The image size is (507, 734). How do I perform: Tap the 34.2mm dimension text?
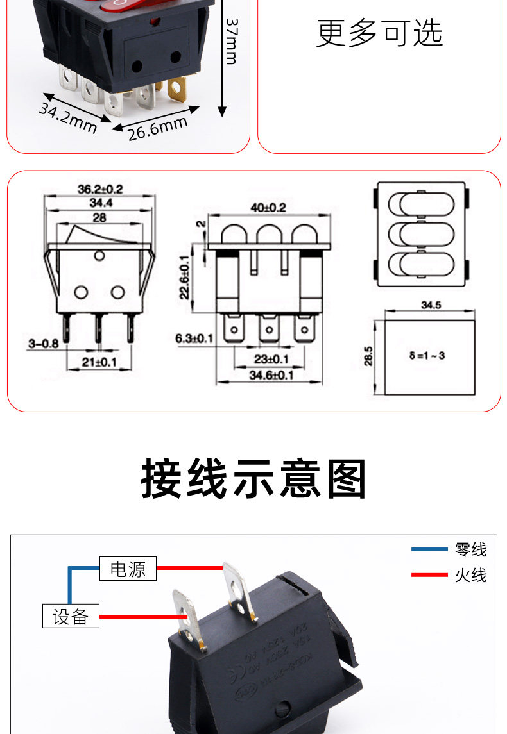point(67,117)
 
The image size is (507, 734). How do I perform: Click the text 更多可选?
point(379,33)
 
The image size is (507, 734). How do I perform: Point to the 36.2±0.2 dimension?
point(99,189)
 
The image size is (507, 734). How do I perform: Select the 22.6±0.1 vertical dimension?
point(185,277)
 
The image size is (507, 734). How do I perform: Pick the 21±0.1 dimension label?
point(99,362)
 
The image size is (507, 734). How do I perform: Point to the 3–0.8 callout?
point(43,344)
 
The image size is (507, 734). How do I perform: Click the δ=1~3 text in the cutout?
point(427,354)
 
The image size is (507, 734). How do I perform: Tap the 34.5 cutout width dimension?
point(431,305)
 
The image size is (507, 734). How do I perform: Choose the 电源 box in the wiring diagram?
point(128,569)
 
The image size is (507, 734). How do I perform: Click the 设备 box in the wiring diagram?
point(71,617)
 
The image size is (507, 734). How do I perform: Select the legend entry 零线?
point(470,549)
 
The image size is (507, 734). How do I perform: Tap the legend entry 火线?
point(470,575)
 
